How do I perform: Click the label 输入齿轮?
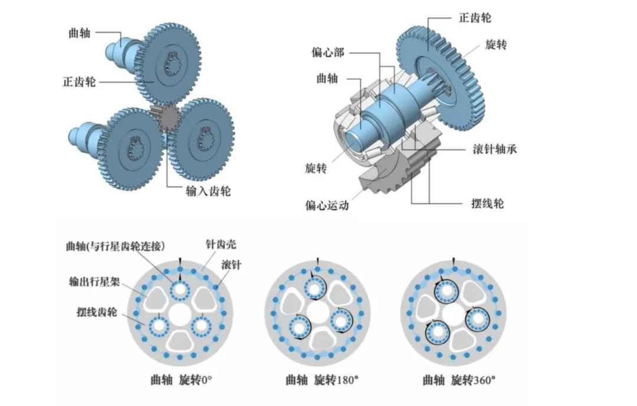[208, 191]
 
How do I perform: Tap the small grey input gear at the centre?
[167, 118]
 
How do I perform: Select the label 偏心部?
[328, 53]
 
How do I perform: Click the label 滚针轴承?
[494, 149]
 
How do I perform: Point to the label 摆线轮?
[488, 204]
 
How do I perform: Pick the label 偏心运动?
[327, 205]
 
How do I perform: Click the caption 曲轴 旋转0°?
[181, 380]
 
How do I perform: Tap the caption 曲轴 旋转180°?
[322, 380]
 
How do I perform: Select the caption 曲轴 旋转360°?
[459, 380]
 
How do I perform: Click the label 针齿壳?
[221, 244]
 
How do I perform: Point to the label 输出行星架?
[94, 281]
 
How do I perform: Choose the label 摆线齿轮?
[97, 312]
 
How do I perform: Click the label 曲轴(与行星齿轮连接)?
[116, 246]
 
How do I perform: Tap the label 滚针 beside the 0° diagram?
[231, 264]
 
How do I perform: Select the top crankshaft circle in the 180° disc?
[314, 288]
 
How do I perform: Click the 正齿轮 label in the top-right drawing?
[475, 18]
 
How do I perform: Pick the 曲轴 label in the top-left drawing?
[79, 33]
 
